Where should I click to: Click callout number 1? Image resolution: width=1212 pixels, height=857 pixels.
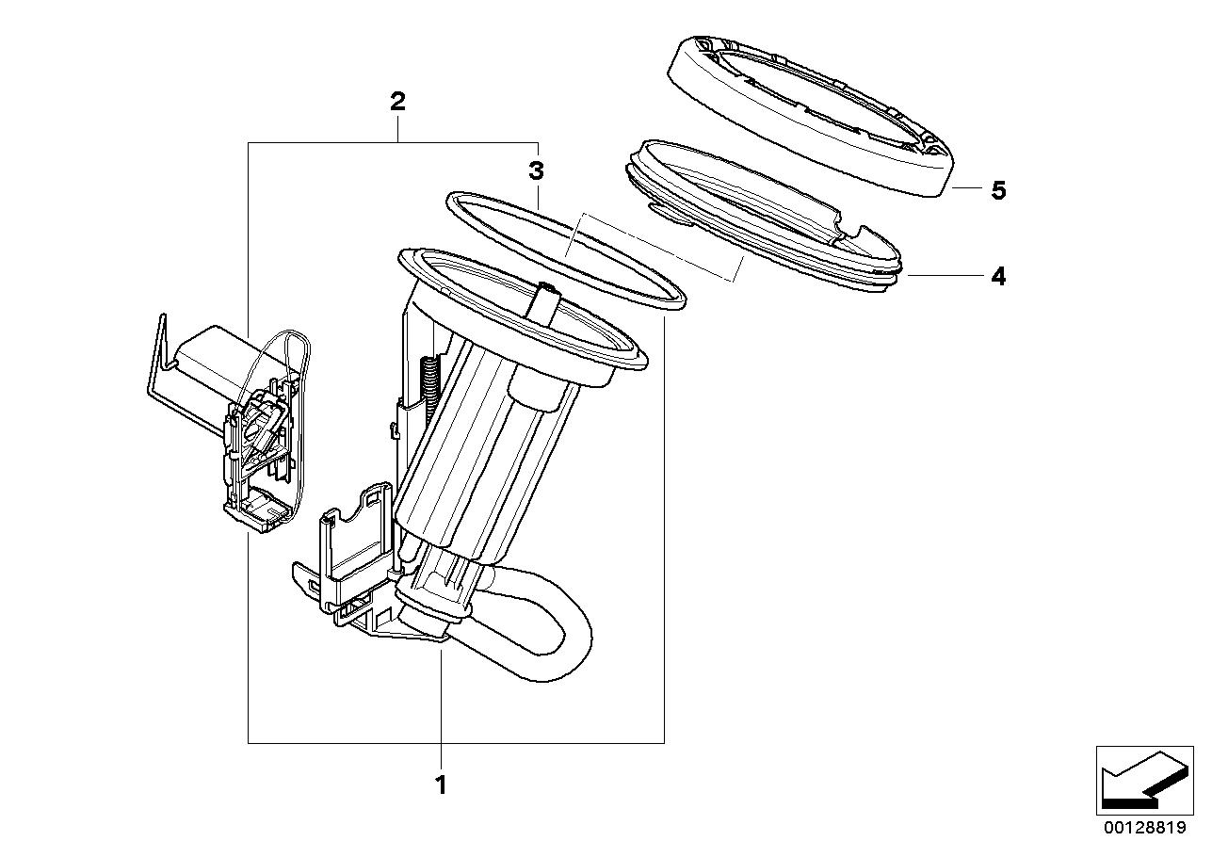pos(439,784)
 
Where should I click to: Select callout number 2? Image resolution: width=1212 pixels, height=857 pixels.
pos(397,102)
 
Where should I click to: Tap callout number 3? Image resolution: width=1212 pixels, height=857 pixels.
pos(536,171)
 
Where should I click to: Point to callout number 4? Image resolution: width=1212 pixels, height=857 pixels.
pos(998,276)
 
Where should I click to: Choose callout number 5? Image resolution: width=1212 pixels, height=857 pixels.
pos(998,191)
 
